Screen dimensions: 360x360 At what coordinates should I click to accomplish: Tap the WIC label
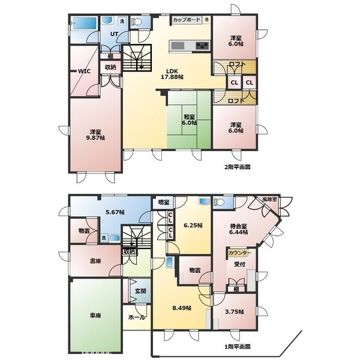85,71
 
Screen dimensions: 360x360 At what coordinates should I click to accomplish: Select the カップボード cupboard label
187,20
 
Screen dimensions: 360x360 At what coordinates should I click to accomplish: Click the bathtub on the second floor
84,23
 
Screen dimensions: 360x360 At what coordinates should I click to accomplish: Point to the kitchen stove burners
202,46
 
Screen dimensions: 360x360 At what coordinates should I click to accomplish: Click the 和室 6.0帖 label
190,119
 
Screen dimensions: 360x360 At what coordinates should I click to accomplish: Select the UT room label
114,34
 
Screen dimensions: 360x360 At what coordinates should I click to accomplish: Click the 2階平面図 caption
237,167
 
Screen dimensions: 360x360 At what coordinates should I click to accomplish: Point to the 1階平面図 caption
237,346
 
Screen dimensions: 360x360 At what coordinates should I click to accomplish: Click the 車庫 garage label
95,316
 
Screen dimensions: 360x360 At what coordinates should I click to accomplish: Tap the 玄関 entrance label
140,291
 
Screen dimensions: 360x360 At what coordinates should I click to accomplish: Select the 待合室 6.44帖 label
238,229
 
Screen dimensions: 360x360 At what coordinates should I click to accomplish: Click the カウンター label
239,253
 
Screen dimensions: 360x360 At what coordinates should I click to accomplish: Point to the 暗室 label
164,202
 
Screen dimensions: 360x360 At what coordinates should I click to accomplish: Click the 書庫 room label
95,261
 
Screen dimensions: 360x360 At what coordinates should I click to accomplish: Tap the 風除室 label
270,199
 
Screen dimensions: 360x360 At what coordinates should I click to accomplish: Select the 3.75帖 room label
235,312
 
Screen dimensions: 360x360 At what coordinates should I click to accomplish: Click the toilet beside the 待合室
219,202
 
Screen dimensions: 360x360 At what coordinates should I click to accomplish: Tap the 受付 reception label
239,265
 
